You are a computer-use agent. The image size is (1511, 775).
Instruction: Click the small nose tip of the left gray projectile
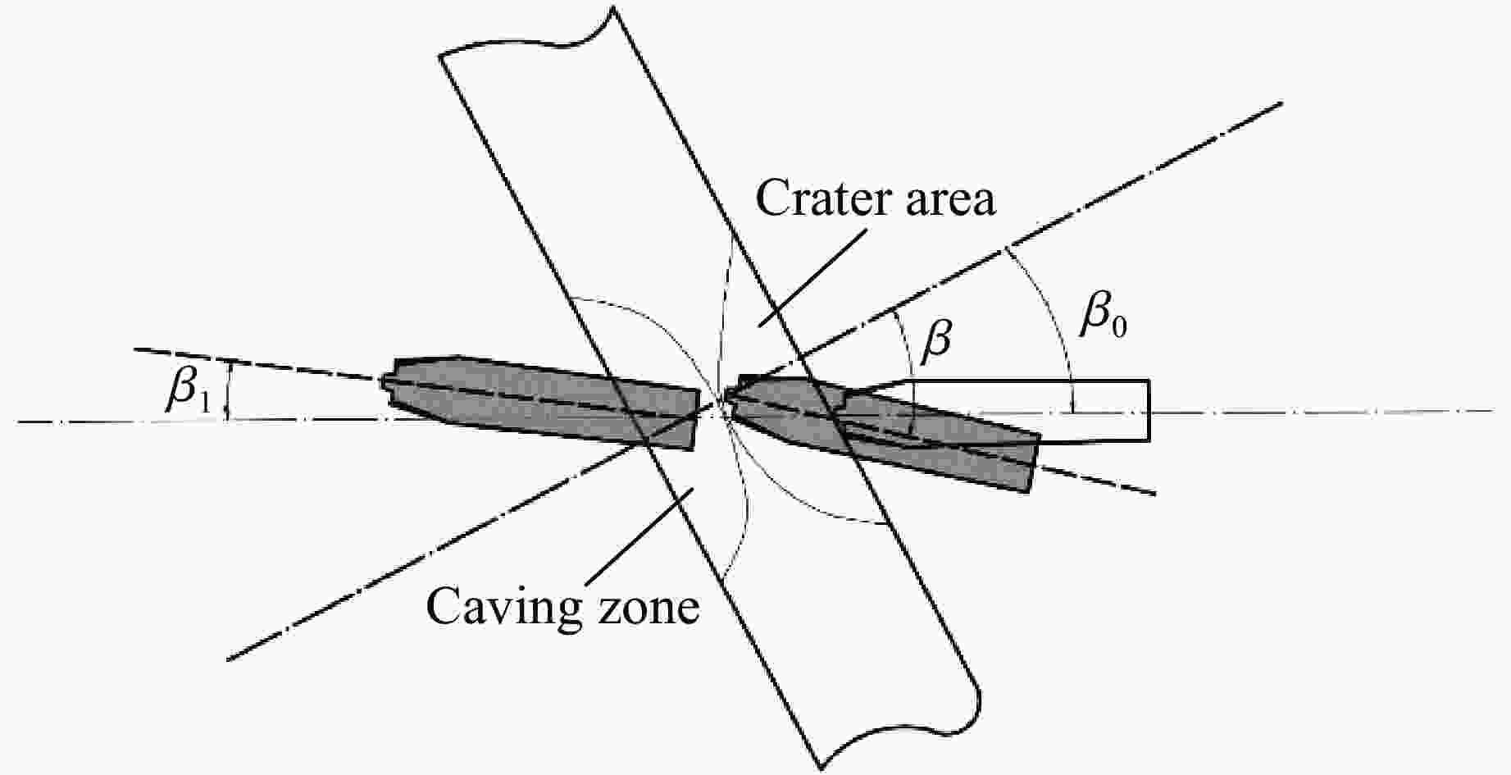[x=385, y=382]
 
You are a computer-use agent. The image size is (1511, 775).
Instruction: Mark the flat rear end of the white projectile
[x=1149, y=410]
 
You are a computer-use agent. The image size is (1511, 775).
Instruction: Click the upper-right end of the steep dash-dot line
[x=1279, y=104]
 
